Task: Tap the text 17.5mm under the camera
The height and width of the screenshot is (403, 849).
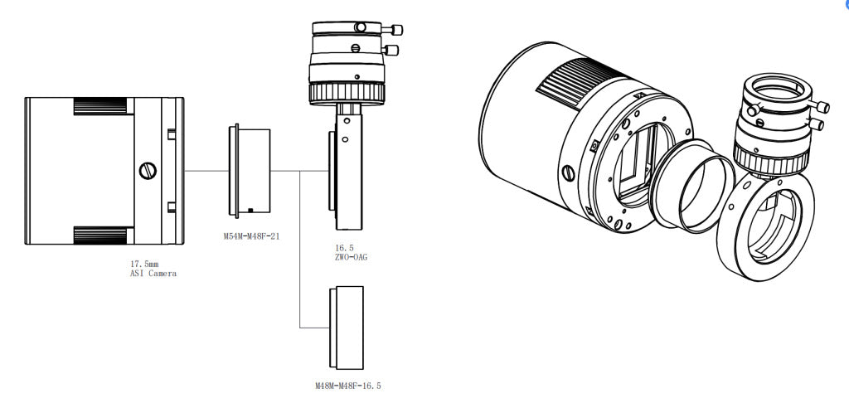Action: click(x=144, y=264)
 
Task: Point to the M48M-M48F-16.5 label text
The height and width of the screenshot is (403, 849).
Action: click(x=347, y=386)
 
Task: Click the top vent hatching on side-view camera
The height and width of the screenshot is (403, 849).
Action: click(x=102, y=105)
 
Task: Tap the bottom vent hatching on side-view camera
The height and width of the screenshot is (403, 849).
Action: click(x=102, y=235)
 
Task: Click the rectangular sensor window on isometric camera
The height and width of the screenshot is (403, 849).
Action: click(x=640, y=163)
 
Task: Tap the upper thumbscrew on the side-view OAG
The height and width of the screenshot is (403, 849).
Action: click(x=395, y=30)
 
